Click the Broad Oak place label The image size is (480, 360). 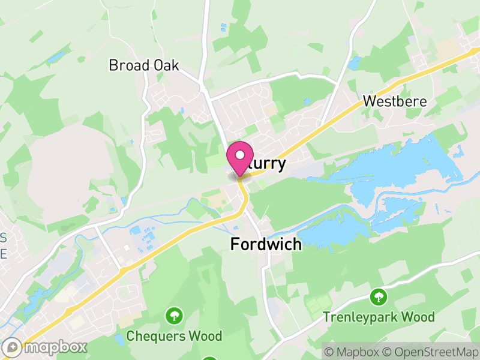tap(144, 65)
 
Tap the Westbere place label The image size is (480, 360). tap(395, 101)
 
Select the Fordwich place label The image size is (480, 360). tap(266, 244)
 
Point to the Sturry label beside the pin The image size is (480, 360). tap(267, 164)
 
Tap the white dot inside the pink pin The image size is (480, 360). tap(240, 155)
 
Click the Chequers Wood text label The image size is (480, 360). tap(174, 336)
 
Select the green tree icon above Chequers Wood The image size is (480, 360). tap(174, 314)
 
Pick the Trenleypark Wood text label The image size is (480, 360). tap(379, 316)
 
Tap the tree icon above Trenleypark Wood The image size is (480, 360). tap(378, 296)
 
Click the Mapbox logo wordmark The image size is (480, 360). tap(54, 347)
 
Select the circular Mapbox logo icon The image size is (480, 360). tap(12, 347)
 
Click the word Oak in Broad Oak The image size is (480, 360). tap(166, 65)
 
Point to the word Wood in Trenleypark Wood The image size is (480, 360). tap(417, 316)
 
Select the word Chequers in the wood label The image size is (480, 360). tap(155, 336)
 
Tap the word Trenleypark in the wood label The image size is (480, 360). tap(359, 316)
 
